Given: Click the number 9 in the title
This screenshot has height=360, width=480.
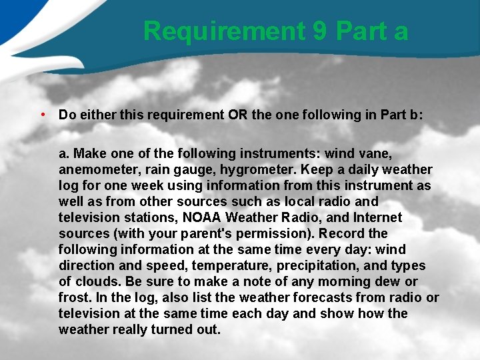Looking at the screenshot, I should pos(319,31).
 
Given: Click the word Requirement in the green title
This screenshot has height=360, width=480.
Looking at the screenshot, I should pos(223,31).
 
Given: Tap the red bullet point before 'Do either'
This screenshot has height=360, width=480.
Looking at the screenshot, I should pos(42,114).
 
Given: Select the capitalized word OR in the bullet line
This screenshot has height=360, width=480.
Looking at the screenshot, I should pos(239,115).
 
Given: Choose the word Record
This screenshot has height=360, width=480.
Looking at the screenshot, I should pos(342,233).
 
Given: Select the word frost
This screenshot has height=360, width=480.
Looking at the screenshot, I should pos(73,297).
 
